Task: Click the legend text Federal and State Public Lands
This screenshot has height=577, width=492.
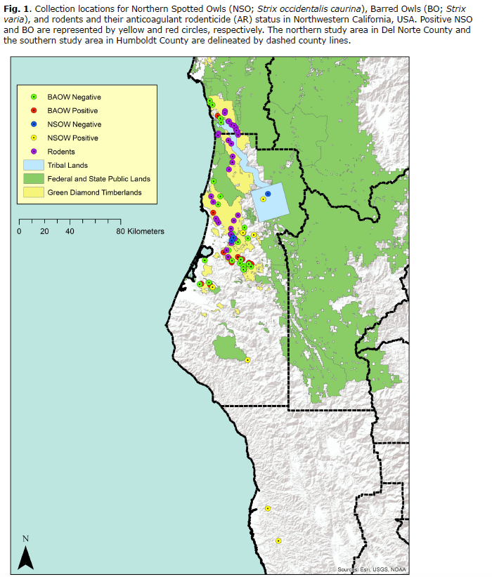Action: [98, 179]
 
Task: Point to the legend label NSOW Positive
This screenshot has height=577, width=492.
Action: [73, 138]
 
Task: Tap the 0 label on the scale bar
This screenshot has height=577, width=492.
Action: [20, 231]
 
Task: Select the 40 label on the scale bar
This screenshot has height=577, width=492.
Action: [70, 231]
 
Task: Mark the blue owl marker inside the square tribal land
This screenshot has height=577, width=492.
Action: [268, 194]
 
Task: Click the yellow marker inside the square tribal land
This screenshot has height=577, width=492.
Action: [263, 199]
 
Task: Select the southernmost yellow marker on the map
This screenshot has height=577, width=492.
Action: [278, 540]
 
